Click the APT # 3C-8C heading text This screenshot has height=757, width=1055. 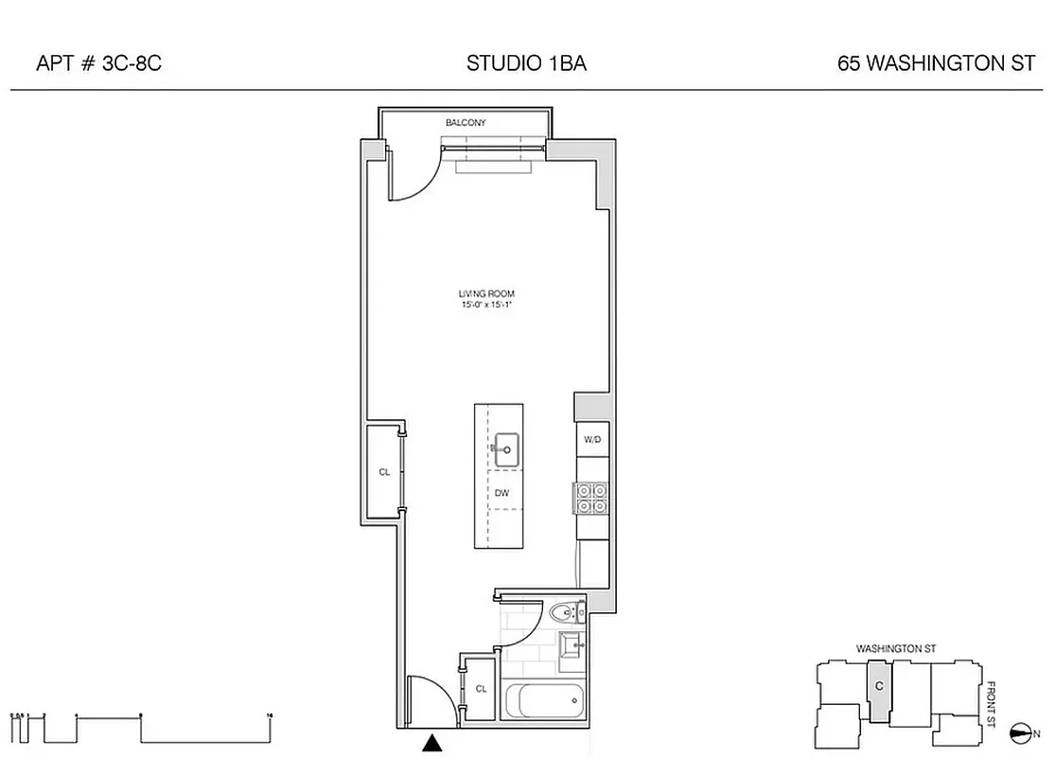click(92, 64)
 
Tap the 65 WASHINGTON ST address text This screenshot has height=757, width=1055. click(936, 64)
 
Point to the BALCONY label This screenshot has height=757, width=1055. click(466, 123)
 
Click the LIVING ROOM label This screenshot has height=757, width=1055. click(486, 295)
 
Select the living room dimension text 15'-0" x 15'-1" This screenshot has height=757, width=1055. click(486, 306)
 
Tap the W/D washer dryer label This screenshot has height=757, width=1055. click(592, 440)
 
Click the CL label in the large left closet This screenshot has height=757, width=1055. click(384, 471)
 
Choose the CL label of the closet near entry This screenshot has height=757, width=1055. click(481, 689)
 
